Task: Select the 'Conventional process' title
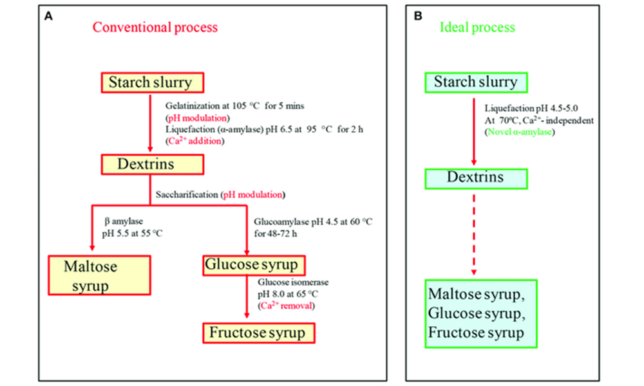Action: click(155, 28)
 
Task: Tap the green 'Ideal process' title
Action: click(477, 28)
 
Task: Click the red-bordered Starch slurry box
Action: click(152, 83)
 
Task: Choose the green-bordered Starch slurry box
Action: click(475, 82)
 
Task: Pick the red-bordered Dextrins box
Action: click(152, 164)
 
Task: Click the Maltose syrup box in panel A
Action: click(100, 276)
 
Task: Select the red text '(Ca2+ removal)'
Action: click(287, 306)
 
